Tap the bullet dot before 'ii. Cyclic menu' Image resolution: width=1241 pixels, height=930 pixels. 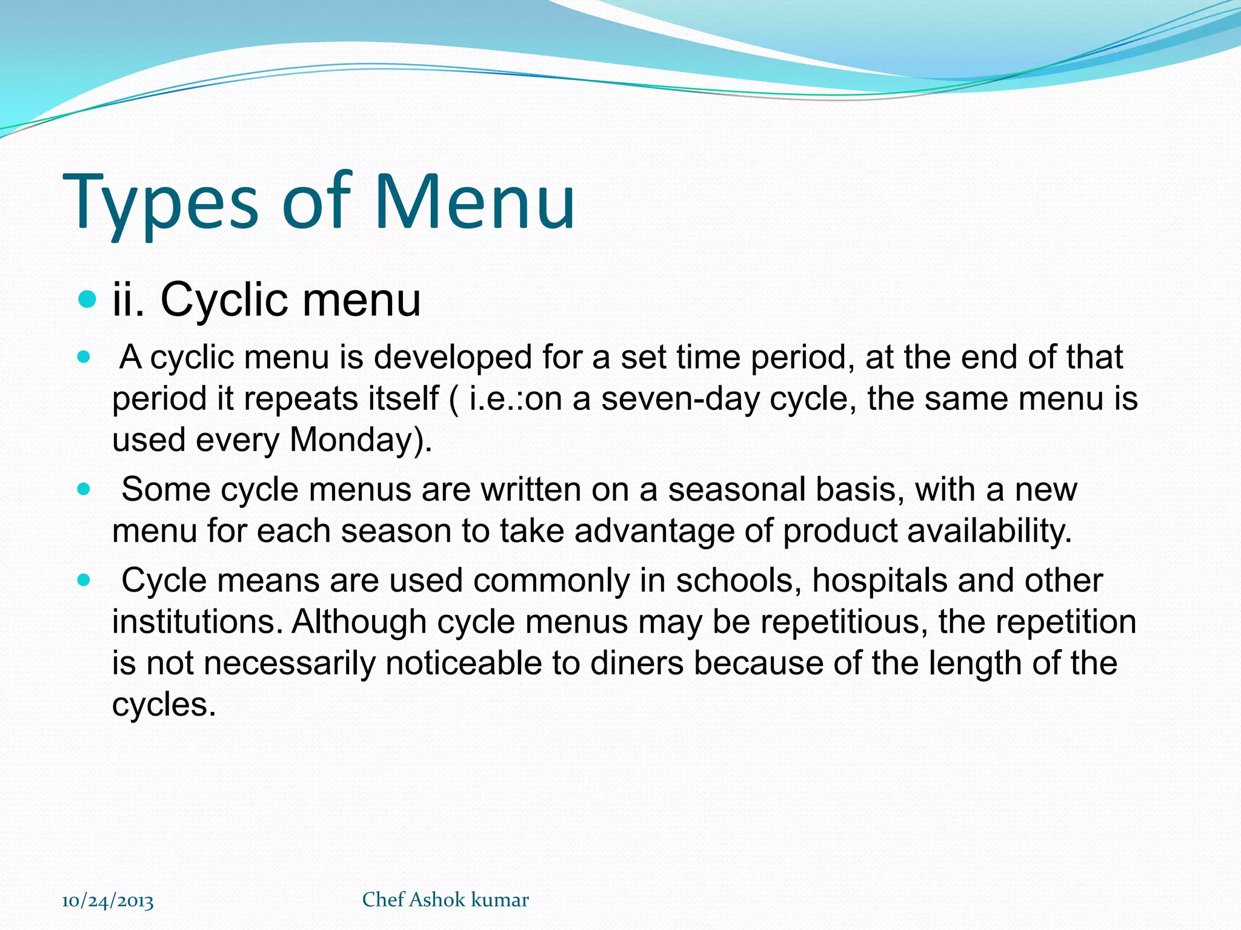coord(88,299)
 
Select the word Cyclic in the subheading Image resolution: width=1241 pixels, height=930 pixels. coord(225,300)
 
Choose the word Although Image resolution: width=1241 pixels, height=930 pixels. coord(359,622)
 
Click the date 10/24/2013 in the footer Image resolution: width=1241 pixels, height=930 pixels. coord(108,901)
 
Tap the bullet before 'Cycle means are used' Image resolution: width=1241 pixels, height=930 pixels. coord(84,581)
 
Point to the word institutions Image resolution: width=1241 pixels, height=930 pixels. coord(197,622)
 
